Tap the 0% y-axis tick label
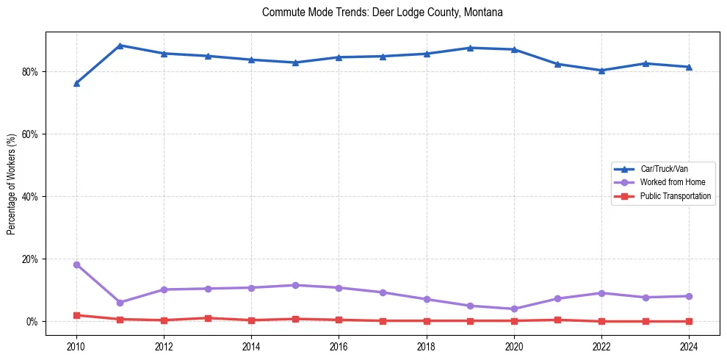tap(32, 322)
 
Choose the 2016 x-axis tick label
tap(339, 345)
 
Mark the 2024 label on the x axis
tap(689, 345)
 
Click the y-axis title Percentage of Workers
tap(12, 184)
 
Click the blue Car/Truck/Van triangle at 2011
tap(120, 46)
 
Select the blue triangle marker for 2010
tap(76, 83)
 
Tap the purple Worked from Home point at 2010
tap(76, 264)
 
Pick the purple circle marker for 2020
tap(514, 309)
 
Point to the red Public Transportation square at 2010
tap(76, 315)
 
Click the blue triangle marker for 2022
tap(601, 71)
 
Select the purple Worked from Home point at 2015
tap(295, 285)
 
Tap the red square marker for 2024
tap(689, 321)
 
